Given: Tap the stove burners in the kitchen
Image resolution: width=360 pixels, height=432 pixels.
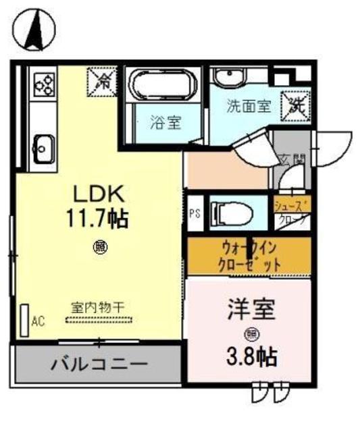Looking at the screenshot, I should click(45, 84).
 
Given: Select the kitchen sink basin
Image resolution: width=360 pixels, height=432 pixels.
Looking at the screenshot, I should click(44, 145).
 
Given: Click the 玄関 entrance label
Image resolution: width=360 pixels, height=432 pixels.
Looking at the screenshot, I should click(292, 161).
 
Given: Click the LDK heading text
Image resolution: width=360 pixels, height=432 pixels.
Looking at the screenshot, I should click(98, 194).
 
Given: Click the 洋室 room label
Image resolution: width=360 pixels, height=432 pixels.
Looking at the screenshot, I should click(251, 312).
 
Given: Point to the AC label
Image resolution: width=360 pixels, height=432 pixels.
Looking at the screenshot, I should click(38, 321).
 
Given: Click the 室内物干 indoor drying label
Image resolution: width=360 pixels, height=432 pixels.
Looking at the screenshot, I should click(99, 307).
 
